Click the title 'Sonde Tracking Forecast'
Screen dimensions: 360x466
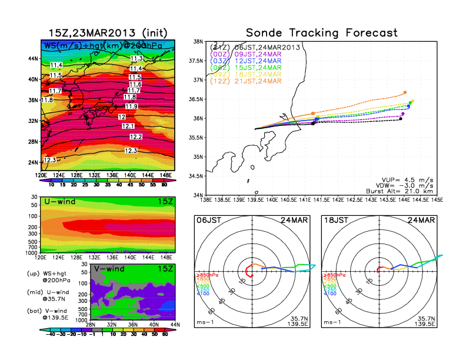coord(321,32)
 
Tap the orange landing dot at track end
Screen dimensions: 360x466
coord(405,92)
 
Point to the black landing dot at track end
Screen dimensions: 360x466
coord(401,119)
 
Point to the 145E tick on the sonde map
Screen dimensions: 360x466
coord(437,200)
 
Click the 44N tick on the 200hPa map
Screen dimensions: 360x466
coord(34,59)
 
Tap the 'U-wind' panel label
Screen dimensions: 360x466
coord(59,202)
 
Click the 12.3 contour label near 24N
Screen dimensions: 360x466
coord(49,159)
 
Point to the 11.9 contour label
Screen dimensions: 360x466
coord(131,106)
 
